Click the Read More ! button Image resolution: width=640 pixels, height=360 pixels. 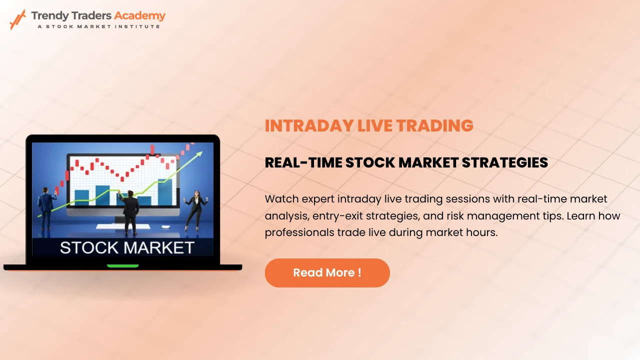(x=327, y=273)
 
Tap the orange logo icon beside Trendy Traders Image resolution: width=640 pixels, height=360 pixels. (x=17, y=19)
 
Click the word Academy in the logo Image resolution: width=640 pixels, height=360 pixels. (x=139, y=15)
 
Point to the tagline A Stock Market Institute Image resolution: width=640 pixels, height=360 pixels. (x=99, y=26)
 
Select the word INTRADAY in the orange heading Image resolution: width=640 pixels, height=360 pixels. (x=308, y=126)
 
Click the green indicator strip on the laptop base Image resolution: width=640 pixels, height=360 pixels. (x=122, y=266)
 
